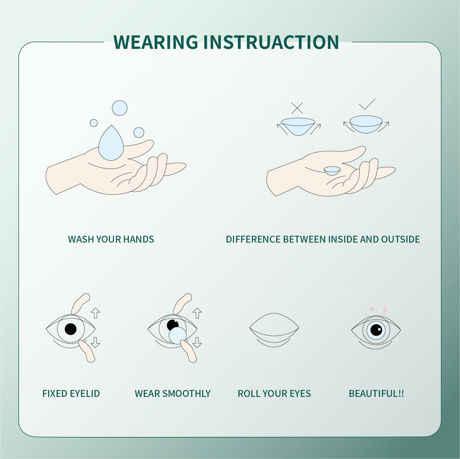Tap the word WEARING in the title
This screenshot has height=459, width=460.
[x=156, y=42]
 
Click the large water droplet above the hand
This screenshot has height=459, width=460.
[x=111, y=144]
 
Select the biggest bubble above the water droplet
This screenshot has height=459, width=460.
[x=120, y=108]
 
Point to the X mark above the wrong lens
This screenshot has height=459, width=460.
[x=297, y=108]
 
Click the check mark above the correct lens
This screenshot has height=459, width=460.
[x=367, y=105]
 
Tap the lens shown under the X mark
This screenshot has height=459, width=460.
[x=298, y=126]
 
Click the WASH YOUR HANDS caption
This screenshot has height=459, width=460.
[x=111, y=240]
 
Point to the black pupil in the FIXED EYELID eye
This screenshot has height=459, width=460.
[x=70, y=329]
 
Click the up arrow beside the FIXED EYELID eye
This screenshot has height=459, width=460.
[x=95, y=313]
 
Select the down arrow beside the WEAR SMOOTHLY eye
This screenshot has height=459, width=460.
[x=197, y=342]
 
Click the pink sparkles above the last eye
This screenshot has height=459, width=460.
[x=378, y=310]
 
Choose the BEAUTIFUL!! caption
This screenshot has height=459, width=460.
[x=376, y=394]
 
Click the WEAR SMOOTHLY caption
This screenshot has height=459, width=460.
[x=172, y=394]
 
